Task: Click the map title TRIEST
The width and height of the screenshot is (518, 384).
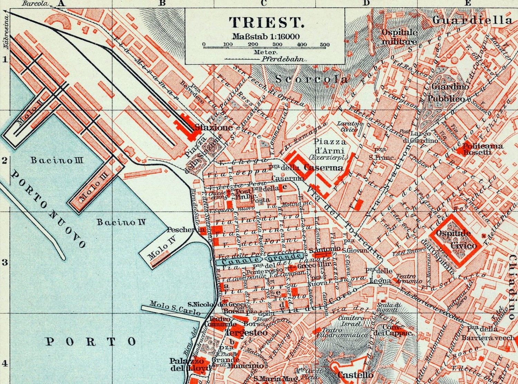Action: point(266,22)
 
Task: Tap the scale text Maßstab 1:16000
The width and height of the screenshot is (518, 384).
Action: point(266,36)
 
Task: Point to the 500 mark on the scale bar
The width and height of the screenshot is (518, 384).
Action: point(325,45)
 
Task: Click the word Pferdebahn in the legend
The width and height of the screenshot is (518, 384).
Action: point(283,59)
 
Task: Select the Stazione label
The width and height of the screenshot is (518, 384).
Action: point(214,127)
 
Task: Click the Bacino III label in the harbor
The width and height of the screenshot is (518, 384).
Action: point(57,160)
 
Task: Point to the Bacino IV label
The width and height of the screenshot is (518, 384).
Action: point(121,222)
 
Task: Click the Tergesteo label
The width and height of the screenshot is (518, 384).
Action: point(246,332)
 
